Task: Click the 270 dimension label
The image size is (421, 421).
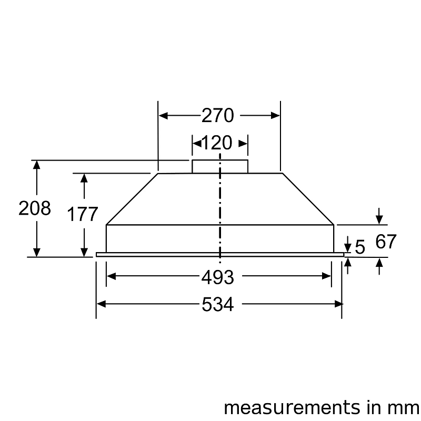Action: click(x=217, y=115)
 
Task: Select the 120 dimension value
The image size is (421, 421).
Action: click(x=217, y=143)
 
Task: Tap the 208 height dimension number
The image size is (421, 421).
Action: click(x=35, y=208)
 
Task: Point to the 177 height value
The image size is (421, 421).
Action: click(x=83, y=215)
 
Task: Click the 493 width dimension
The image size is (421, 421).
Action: click(x=217, y=277)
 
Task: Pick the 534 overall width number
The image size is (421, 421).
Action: click(x=217, y=304)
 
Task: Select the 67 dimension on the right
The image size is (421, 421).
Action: click(x=386, y=242)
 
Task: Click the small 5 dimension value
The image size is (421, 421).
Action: click(x=360, y=247)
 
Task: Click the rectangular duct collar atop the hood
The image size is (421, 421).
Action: click(x=219, y=166)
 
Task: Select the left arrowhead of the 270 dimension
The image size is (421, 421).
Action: click(x=163, y=115)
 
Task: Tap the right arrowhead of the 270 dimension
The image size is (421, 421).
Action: click(x=275, y=115)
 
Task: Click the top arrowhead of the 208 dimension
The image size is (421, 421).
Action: click(x=36, y=165)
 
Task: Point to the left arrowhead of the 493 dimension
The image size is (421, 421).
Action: click(x=111, y=277)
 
